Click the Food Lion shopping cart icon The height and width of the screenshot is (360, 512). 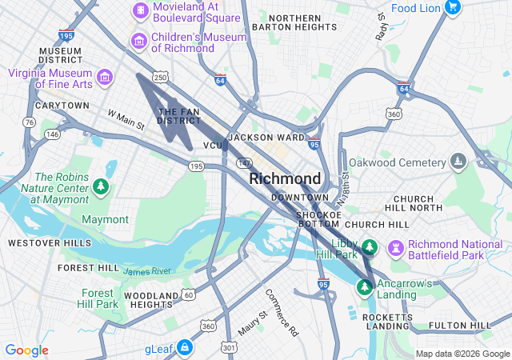pyautogui.click(x=453, y=8)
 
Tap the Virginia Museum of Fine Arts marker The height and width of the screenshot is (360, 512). pyautogui.click(x=104, y=78)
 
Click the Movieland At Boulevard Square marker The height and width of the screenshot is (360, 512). pyautogui.click(x=140, y=10)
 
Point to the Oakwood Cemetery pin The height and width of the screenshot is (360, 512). pyautogui.click(x=458, y=162)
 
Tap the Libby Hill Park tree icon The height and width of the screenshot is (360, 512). pyautogui.click(x=369, y=245)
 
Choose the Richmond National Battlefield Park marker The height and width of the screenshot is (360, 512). pyautogui.click(x=396, y=245)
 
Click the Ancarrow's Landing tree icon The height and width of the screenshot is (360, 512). pyautogui.click(x=366, y=285)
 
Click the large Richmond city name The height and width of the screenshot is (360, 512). pyautogui.click(x=286, y=178)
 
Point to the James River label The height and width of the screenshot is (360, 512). pyautogui.click(x=147, y=272)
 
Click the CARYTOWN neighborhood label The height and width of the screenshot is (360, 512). pyautogui.click(x=62, y=106)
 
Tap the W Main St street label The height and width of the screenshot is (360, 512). pyautogui.click(x=126, y=120)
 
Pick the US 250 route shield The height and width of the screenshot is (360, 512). pyautogui.click(x=161, y=78)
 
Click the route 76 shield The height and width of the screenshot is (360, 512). pyautogui.click(x=30, y=122)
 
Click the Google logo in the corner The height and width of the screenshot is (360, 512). pyautogui.click(x=27, y=350)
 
